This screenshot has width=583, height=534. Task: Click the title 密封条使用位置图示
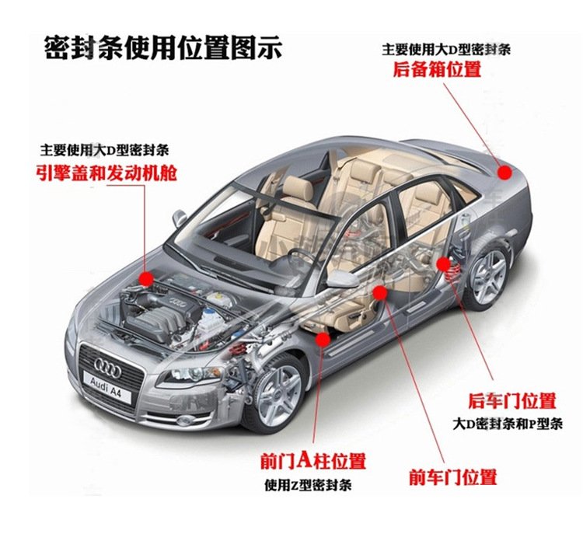162,47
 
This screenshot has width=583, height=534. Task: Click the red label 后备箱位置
437,69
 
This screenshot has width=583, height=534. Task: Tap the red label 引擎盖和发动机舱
106,173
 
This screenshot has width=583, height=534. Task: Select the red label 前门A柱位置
313,460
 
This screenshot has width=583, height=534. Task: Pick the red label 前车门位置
453,477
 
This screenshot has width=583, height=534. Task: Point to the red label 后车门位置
511,400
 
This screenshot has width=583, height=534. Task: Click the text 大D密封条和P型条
508,424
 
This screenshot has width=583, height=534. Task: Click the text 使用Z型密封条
308,485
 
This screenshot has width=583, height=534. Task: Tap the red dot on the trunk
504,173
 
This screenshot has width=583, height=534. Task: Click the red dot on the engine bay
146,278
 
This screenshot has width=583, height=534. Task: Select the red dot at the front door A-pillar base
323,339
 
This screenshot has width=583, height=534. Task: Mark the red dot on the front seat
379,293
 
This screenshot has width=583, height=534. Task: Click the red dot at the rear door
443,264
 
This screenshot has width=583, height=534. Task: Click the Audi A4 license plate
107,387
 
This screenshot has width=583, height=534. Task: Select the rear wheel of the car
487,272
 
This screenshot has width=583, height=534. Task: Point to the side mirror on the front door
341,278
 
